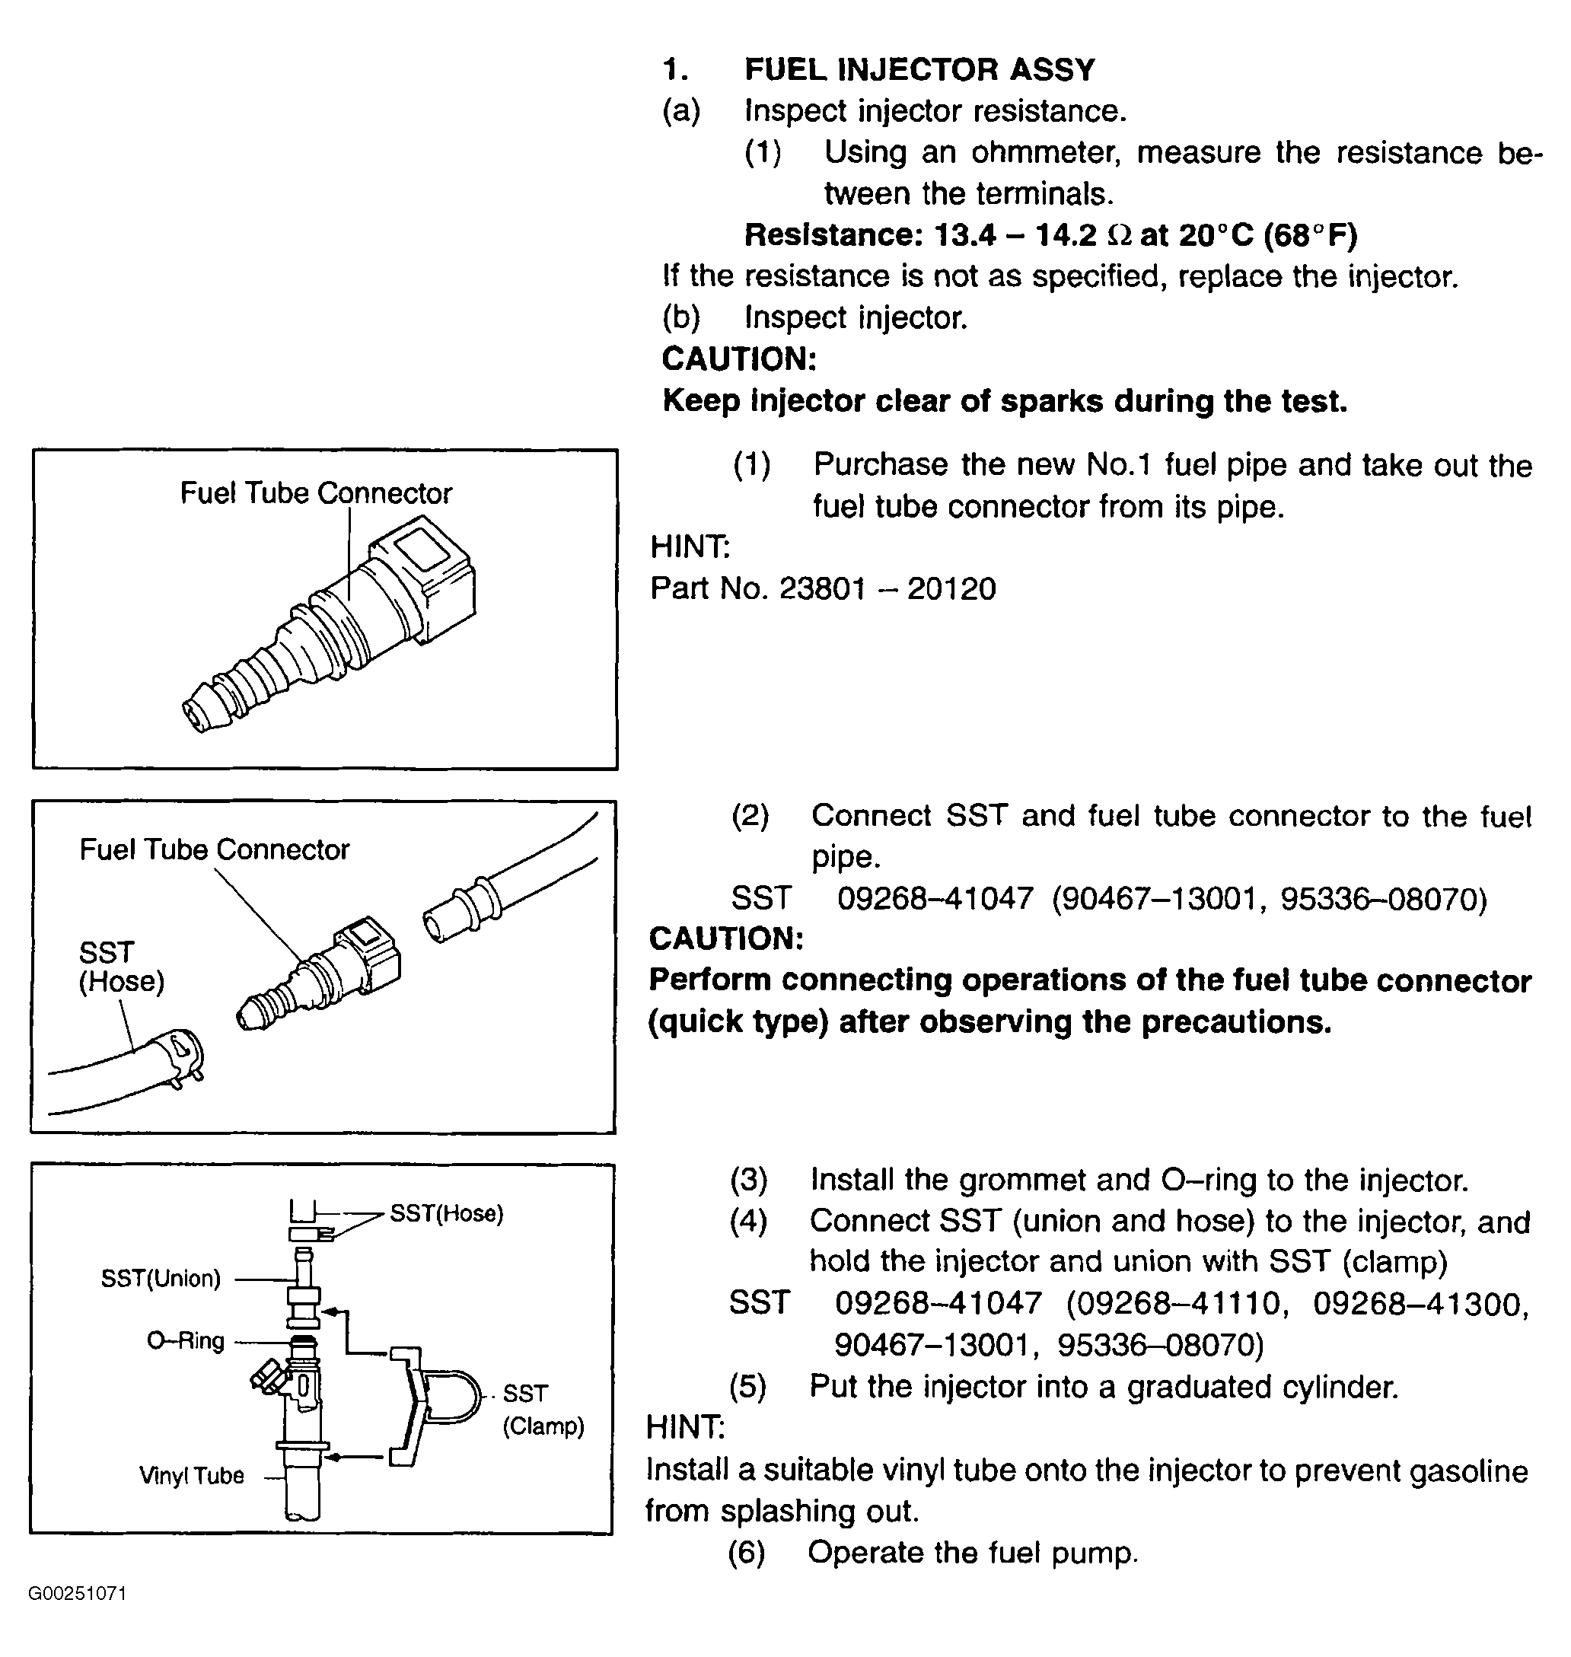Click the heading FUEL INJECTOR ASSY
tap(919, 69)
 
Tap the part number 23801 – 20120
tap(887, 588)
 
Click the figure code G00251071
tap(77, 1592)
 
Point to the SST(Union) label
tap(160, 1279)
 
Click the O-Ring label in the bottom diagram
tap(185, 1340)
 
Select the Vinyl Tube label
tap(191, 1475)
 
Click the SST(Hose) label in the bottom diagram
tap(446, 1213)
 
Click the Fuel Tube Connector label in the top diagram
tap(316, 493)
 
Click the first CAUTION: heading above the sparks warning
tap(738, 359)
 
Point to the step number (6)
tap(746, 1552)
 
